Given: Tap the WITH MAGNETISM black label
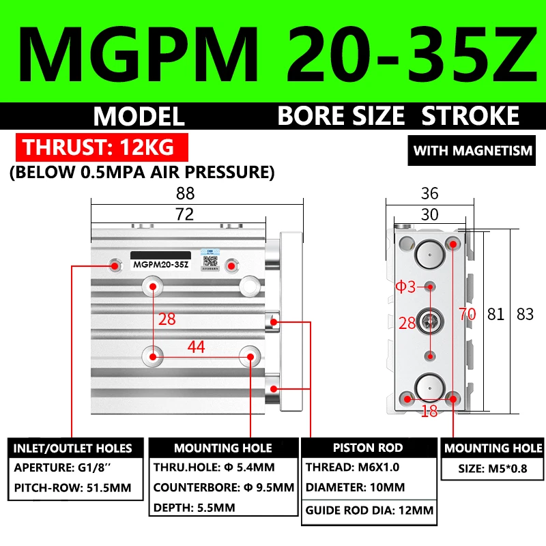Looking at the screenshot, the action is point(472,150).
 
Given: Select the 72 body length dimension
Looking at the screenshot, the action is point(185,214).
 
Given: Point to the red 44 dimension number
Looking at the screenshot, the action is point(197,347).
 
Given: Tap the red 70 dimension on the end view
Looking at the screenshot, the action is point(467,315).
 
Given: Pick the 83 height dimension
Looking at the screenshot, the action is point(525,315).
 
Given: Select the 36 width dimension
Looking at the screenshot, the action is point(429,193).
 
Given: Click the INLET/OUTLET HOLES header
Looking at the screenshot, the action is point(72,448).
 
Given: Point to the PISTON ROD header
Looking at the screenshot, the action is point(368,448).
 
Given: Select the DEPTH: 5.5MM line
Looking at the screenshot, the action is point(194,508).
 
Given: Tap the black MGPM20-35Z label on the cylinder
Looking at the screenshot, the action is point(161,264).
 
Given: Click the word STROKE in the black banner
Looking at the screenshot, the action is point(470,116).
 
